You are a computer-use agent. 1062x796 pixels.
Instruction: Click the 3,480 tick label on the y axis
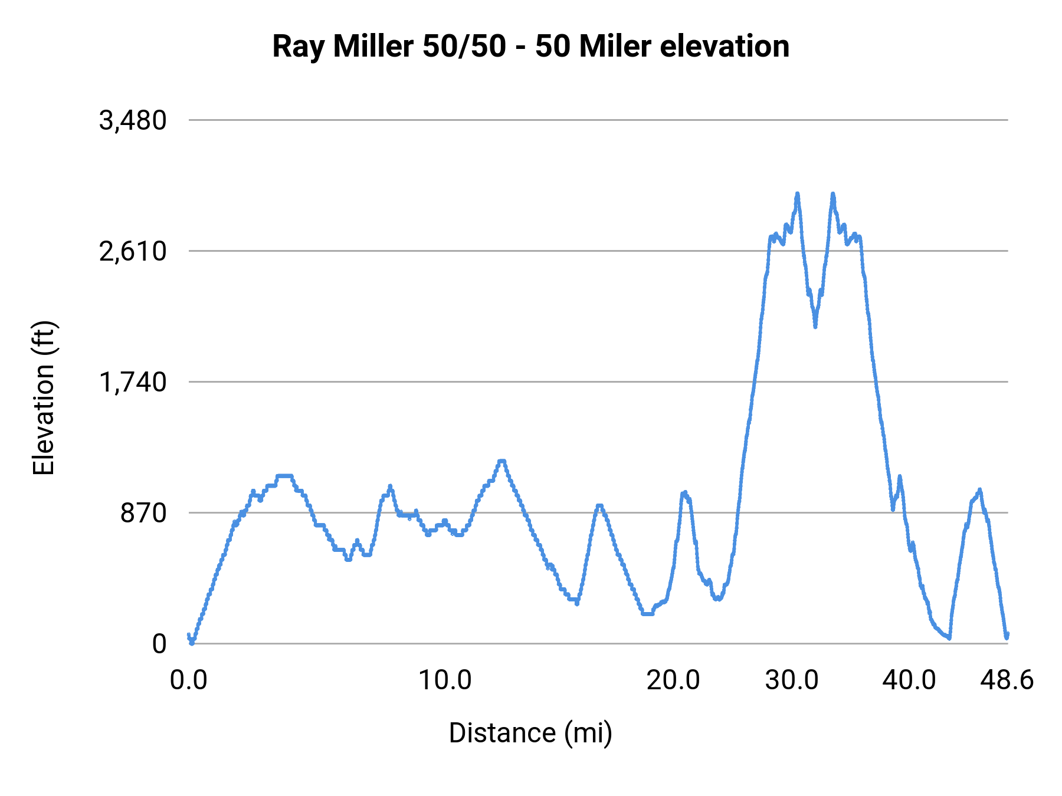pyautogui.click(x=133, y=121)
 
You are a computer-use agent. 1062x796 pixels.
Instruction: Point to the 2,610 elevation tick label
pyautogui.click(x=133, y=252)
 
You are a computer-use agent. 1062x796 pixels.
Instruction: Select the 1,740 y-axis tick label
pyautogui.click(x=133, y=383)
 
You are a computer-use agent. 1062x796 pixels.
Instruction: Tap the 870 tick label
pyautogui.click(x=144, y=514)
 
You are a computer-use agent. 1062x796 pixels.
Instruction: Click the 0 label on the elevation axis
pyautogui.click(x=159, y=644)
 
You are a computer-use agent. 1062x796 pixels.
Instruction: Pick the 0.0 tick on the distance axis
pyautogui.click(x=189, y=680)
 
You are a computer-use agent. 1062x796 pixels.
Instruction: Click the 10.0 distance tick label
pyautogui.click(x=445, y=680)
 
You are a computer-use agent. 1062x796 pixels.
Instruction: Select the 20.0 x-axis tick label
pyautogui.click(x=673, y=680)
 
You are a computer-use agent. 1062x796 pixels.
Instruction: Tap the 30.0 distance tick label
pyautogui.click(x=792, y=680)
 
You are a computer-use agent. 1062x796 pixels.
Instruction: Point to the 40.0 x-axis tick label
pyautogui.click(x=909, y=680)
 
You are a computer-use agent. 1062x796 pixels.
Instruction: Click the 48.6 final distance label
pyautogui.click(x=1007, y=680)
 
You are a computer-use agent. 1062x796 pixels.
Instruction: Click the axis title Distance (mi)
pyautogui.click(x=530, y=733)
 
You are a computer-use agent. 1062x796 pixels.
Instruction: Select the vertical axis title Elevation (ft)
pyautogui.click(x=44, y=398)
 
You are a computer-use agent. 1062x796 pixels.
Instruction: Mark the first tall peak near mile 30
pyautogui.click(x=797, y=194)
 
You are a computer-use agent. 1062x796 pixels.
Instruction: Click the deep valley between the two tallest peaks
pyautogui.click(x=815, y=325)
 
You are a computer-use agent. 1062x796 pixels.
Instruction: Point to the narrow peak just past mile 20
pyautogui.click(x=684, y=493)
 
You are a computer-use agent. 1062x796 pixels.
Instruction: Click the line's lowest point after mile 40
pyautogui.click(x=949, y=638)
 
